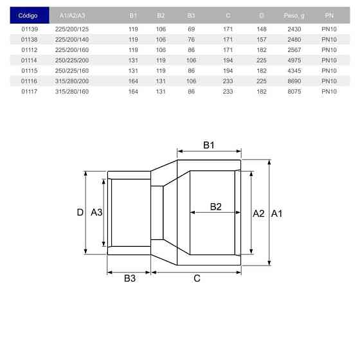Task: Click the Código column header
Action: tap(28, 15)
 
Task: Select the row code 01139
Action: tap(28, 29)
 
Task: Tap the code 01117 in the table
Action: tap(28, 91)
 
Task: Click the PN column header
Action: tap(329, 15)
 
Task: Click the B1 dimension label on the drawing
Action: tap(209, 145)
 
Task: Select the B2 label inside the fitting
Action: tap(216, 206)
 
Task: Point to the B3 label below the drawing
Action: tap(130, 279)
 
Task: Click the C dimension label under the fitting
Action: tap(197, 279)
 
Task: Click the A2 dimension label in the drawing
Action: tap(258, 213)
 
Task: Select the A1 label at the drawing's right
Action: tap(277, 213)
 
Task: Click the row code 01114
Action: tap(28, 60)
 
